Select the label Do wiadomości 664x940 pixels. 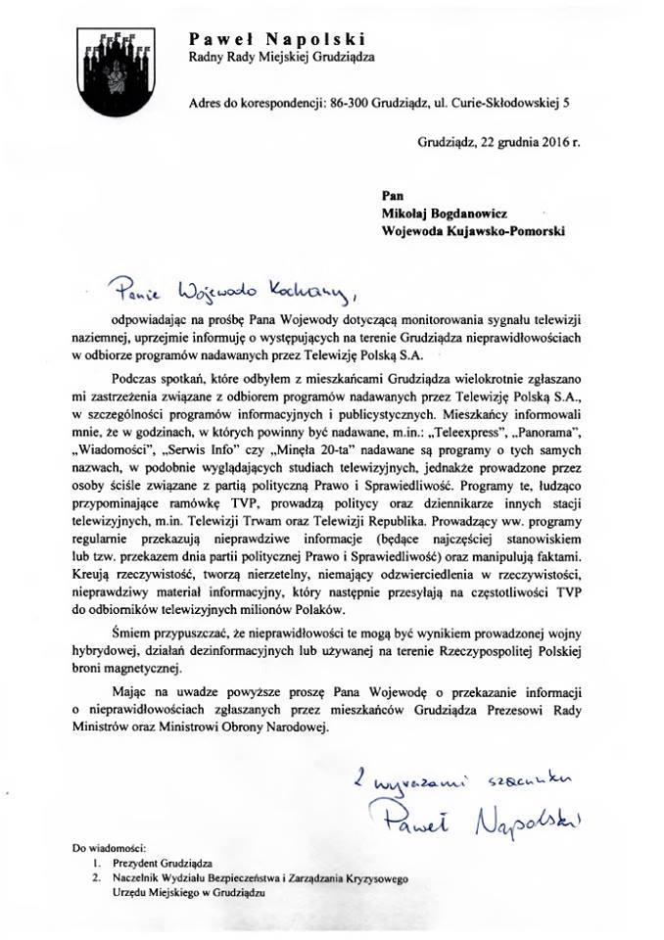coord(109,845)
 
